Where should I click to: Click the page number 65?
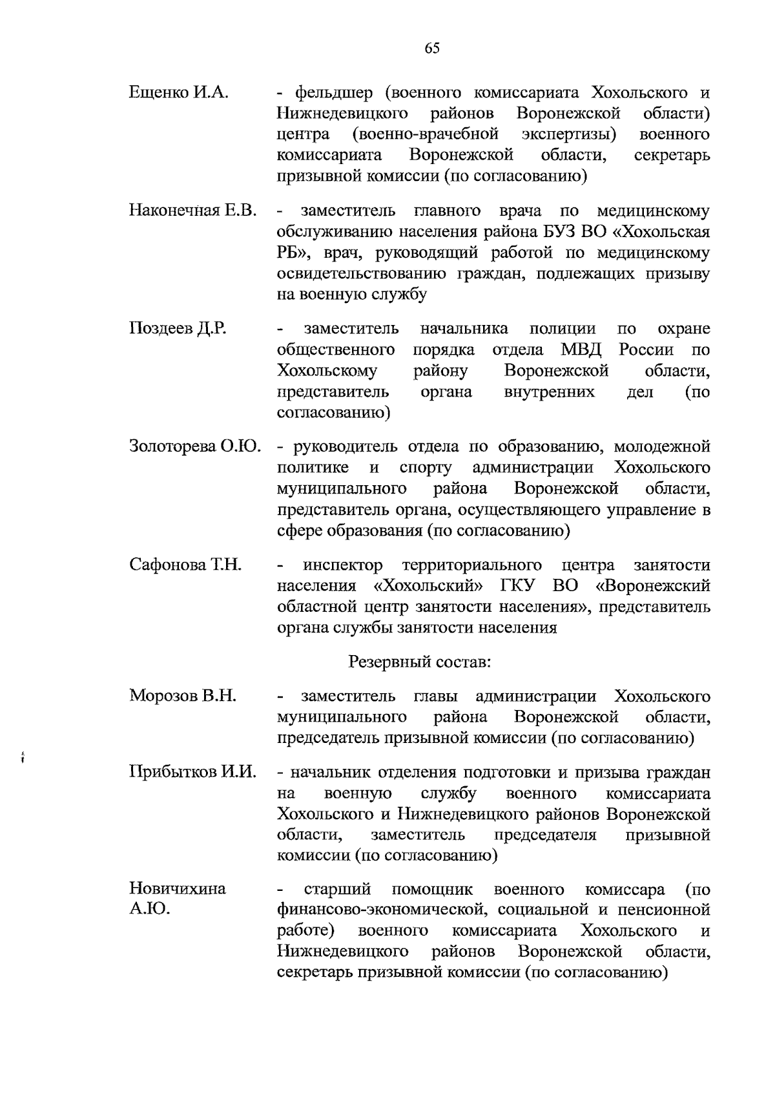point(432,48)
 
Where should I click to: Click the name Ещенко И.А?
point(179,93)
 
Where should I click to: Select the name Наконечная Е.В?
point(192,211)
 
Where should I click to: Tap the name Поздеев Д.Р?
point(178,329)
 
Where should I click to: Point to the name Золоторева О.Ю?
point(194,447)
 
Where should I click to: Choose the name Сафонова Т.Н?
point(185,565)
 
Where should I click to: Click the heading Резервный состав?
point(420,662)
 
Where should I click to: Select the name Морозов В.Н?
point(183,696)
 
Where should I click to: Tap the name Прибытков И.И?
point(192,773)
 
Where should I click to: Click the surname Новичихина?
point(178,889)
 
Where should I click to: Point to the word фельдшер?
point(333,93)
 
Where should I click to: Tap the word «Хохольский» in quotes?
point(429,587)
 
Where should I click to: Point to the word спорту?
point(425,468)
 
